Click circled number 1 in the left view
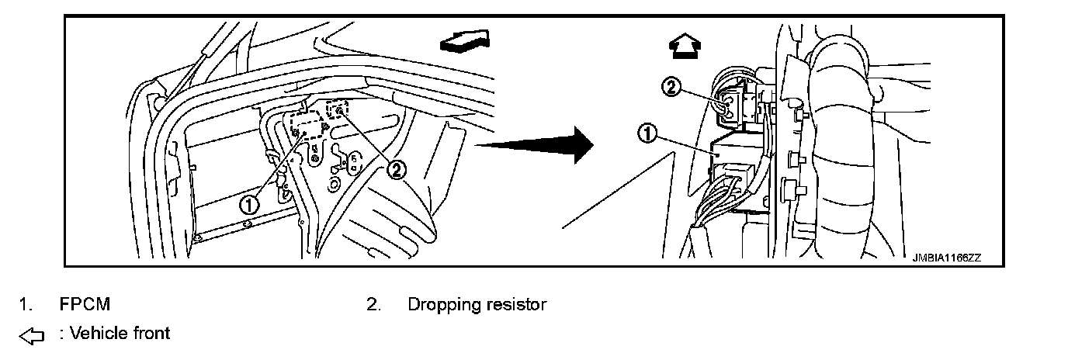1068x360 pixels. (x=248, y=205)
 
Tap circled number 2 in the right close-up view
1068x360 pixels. (x=671, y=88)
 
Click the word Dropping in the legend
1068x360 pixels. (x=439, y=305)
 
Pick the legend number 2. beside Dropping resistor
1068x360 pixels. (x=373, y=305)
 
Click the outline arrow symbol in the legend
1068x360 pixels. (x=30, y=335)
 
